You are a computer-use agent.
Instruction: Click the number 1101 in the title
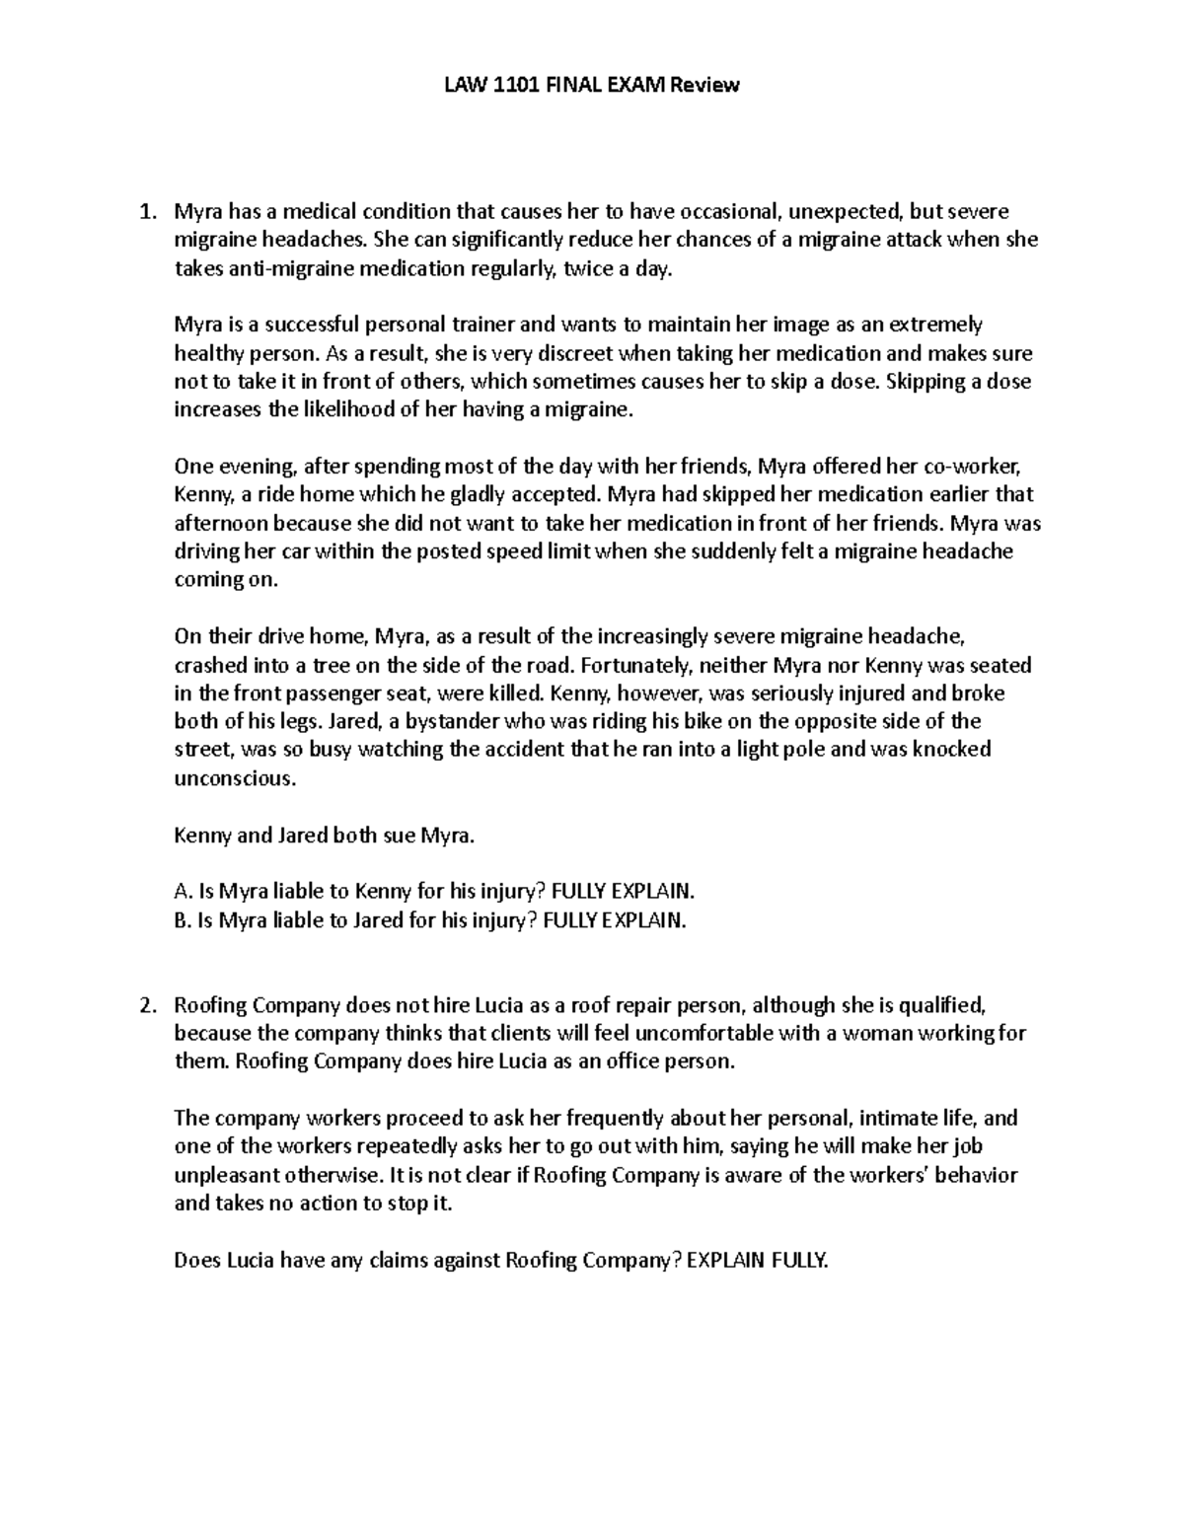513,85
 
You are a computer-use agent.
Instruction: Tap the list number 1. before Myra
147,211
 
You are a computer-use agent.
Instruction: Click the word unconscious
233,778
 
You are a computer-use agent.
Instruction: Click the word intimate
895,1119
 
